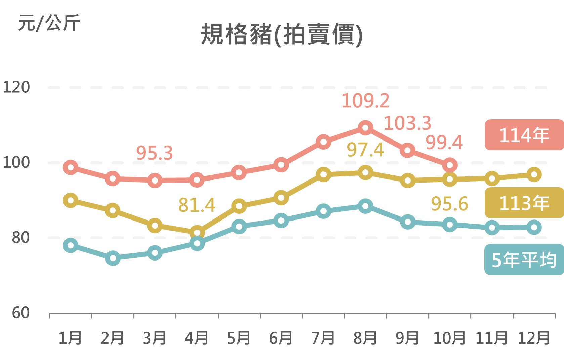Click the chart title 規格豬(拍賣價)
[281, 35]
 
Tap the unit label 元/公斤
[49, 23]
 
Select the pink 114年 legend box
[524, 135]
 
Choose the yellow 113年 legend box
[524, 203]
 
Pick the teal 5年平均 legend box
[524, 259]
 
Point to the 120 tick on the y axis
[16, 87]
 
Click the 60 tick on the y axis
[21, 313]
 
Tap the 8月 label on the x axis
[365, 338]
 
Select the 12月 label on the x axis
[534, 338]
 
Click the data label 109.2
[365, 101]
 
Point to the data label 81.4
[197, 205]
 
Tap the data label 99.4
[444, 143]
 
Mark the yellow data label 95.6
[449, 204]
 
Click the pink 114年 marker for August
[365, 128]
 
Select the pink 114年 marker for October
[450, 165]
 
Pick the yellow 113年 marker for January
[71, 200]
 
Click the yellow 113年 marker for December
[534, 174]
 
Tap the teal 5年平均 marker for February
[113, 258]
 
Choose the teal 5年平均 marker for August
[365, 206]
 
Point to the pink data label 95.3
[155, 153]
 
